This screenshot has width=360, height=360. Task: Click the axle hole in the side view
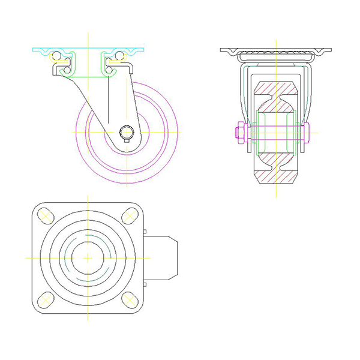[x=127, y=131]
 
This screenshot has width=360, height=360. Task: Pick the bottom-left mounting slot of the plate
[x=46, y=299]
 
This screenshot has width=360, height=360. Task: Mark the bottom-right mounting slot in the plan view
[x=128, y=299]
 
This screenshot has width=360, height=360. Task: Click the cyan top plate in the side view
[x=88, y=50]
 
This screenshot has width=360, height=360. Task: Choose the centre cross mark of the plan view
[x=88, y=257]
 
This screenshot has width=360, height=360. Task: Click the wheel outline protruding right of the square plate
[x=163, y=257]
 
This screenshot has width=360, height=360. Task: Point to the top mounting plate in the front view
[x=276, y=50]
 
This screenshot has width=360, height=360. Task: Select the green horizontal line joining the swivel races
[x=88, y=76]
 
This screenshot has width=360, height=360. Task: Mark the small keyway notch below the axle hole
[x=127, y=140]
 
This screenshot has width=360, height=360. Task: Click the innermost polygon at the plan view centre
[x=88, y=257]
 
